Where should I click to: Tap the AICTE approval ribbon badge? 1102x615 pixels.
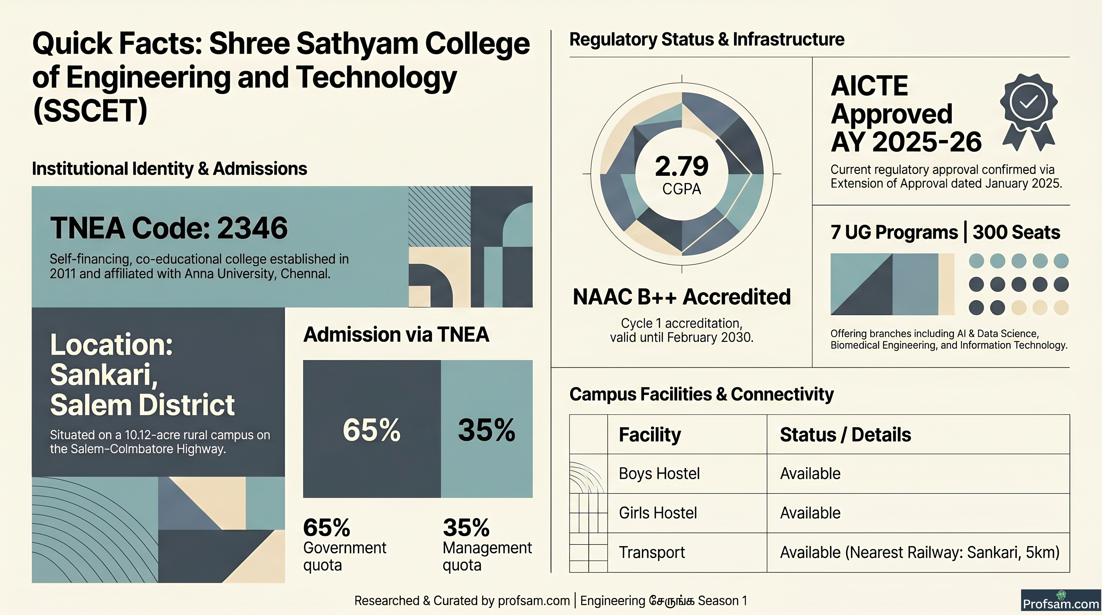(1028, 112)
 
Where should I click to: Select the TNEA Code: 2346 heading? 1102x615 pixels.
(169, 228)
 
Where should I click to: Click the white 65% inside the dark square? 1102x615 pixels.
(371, 429)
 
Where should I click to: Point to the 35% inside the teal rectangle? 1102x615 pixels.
(487, 429)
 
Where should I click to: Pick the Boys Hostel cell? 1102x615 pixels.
(659, 473)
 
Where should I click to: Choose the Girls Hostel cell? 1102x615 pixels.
(658, 513)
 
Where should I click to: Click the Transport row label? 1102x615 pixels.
(652, 553)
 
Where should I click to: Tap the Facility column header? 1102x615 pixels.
(650, 434)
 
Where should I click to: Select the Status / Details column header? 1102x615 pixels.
(845, 434)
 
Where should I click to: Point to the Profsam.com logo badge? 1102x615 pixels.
(1060, 601)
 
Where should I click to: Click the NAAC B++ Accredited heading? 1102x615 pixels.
(682, 297)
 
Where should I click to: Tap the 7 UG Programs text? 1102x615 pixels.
(894, 232)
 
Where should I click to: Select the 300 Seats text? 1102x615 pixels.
(1016, 232)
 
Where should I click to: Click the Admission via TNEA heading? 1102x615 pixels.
(396, 334)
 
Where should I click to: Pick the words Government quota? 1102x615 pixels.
(345, 556)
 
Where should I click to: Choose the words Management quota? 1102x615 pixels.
(487, 556)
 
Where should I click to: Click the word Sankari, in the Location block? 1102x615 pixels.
(104, 375)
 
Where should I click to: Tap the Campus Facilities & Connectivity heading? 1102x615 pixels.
(702, 394)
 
